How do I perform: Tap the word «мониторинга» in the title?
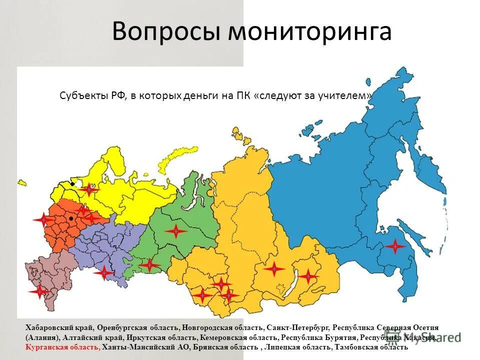pyautogui.click(x=310, y=31)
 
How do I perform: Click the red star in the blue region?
pyautogui.click(x=395, y=246)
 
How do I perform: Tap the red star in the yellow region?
pyautogui.click(x=89, y=189)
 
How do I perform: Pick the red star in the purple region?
pyautogui.click(x=104, y=272)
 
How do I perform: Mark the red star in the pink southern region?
pyautogui.click(x=39, y=291)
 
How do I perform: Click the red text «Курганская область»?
pyautogui.click(x=62, y=347)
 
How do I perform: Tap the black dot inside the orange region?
pyautogui.click(x=72, y=218)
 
